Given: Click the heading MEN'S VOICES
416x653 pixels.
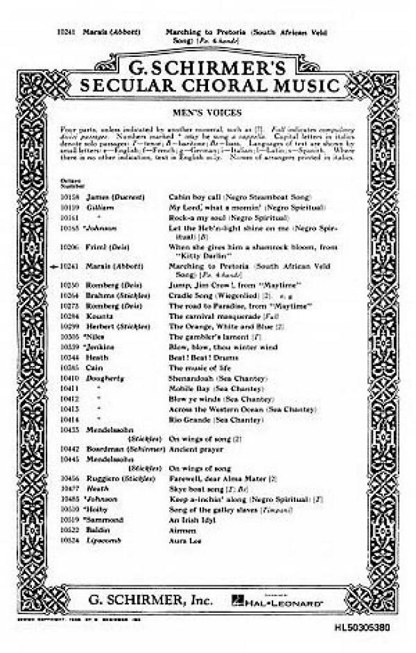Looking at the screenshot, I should [x=207, y=110].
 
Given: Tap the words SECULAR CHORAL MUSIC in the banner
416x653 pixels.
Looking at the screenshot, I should [x=208, y=86].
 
